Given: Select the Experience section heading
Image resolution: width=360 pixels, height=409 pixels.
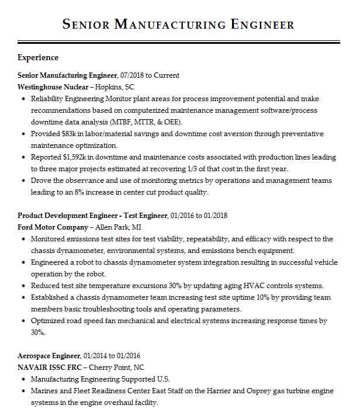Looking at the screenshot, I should point(38,58).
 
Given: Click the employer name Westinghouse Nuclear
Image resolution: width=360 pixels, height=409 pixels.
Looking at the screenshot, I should point(53,87).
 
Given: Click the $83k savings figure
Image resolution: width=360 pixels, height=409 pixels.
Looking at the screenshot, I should point(70,134).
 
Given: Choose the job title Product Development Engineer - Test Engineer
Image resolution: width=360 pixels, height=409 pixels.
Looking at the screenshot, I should point(92,216).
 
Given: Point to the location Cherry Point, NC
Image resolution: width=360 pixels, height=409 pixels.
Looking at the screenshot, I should point(122,368).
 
